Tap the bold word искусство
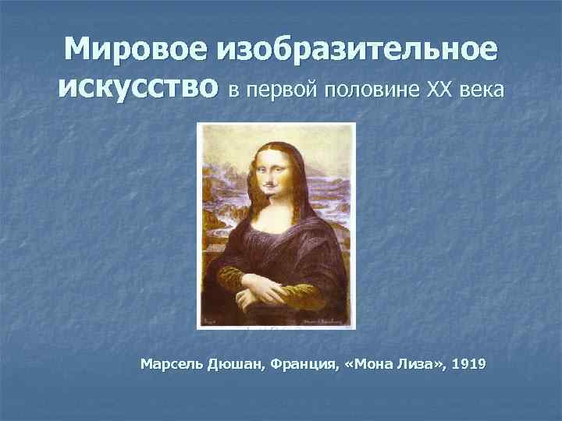pyautogui.click(x=137, y=90)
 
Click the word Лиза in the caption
pyautogui.click(x=409, y=363)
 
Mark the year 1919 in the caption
pyautogui.click(x=467, y=363)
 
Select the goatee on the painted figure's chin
pyautogui.click(x=271, y=195)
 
